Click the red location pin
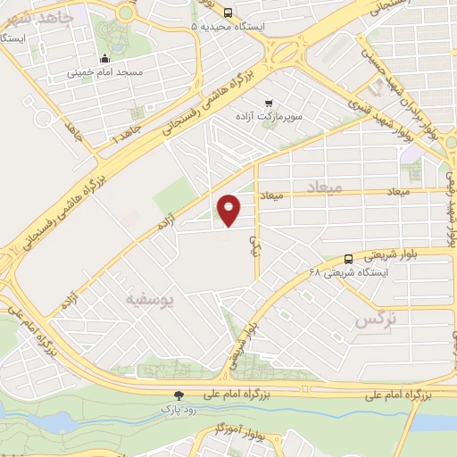tap(229, 210)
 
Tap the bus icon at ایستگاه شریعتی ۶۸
tap(347, 258)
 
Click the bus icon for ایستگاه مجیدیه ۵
tap(228, 13)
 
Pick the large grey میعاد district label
tap(323, 186)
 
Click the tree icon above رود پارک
tap(180, 395)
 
